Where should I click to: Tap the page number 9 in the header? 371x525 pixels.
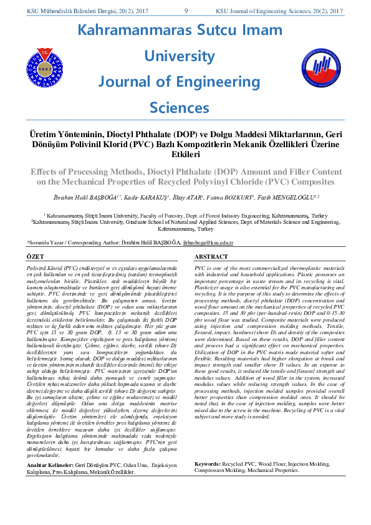[186, 11]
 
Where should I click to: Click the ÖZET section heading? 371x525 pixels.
[34, 256]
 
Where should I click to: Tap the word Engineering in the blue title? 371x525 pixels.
[221, 81]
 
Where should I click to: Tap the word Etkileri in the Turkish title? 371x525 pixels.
[185, 155]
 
